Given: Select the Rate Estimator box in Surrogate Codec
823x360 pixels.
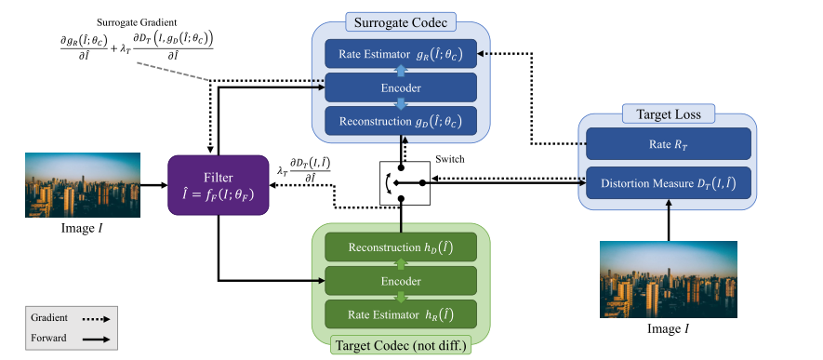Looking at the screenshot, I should (x=399, y=55).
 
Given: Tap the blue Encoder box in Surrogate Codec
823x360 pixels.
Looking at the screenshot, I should (x=399, y=87).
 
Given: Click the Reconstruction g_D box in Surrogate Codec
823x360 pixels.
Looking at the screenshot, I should (x=399, y=120).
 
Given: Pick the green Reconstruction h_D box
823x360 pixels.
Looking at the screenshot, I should (x=399, y=247).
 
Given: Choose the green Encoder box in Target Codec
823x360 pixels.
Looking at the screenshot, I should (x=399, y=279).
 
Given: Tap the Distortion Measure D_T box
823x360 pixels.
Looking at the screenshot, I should (x=668, y=183).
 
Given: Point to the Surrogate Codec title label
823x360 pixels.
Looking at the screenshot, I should (x=399, y=20).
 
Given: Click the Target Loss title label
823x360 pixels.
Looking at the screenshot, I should (x=668, y=113).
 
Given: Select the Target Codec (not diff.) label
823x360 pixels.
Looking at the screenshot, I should (x=399, y=346).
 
